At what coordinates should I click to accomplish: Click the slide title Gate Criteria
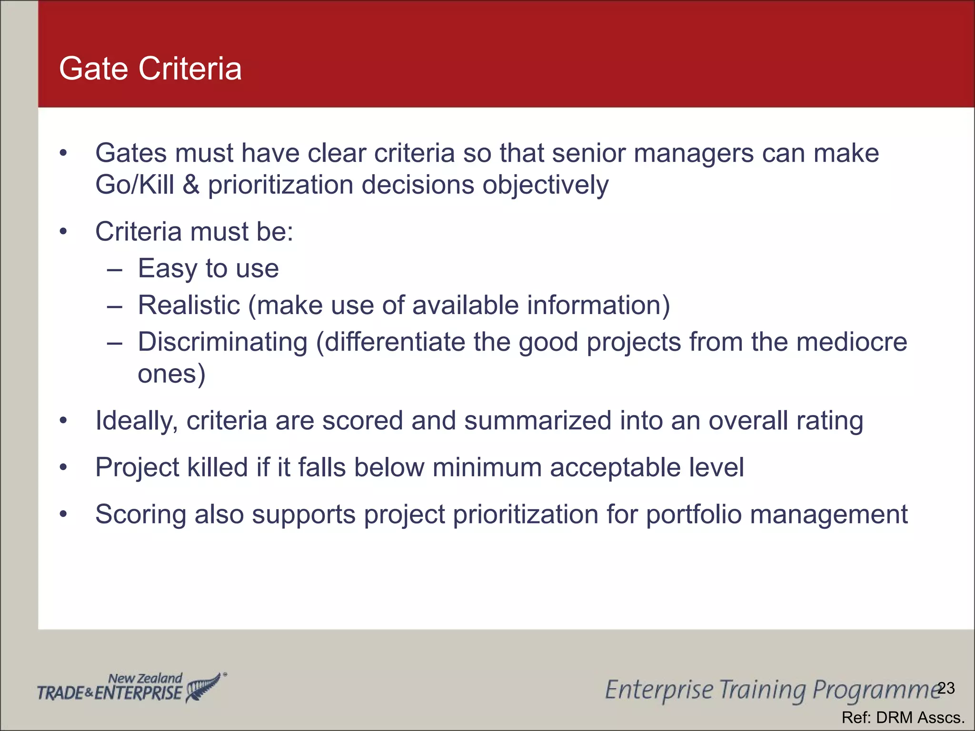coord(150,69)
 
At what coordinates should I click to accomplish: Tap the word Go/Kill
coord(134,185)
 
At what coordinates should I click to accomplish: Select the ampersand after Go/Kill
coord(191,185)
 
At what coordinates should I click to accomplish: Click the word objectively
coord(545,185)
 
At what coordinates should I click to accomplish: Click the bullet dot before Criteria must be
coord(63,232)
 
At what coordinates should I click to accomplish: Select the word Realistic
coord(189,305)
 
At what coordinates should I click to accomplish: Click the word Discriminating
coord(222,342)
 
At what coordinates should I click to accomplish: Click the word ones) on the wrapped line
coord(171,374)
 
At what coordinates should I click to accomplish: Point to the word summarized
coord(537,421)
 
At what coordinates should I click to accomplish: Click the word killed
coord(218,467)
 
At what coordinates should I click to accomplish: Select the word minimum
coord(487,467)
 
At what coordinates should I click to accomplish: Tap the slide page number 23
coord(946,688)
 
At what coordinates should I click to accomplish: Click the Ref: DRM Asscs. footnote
coord(903,717)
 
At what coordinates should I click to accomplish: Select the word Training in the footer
coord(763,690)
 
